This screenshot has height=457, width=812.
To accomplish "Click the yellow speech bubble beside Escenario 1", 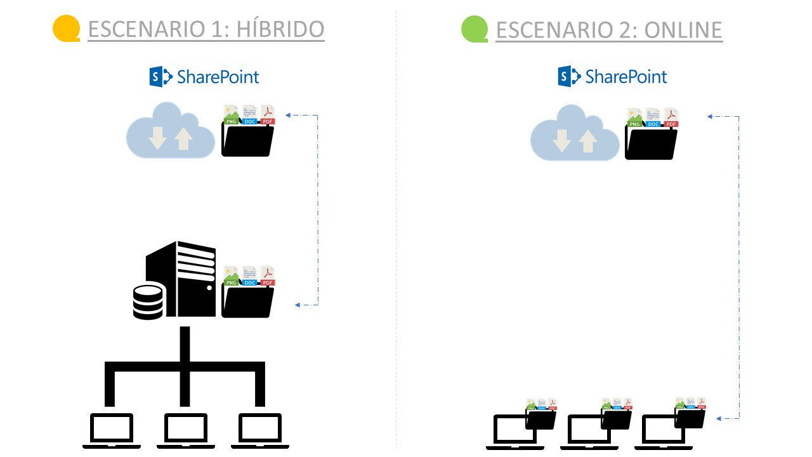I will click(66, 29).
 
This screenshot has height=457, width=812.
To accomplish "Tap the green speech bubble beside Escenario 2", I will click(475, 29).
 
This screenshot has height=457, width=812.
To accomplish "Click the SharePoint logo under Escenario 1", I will click(204, 77).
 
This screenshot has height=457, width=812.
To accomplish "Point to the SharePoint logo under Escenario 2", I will click(612, 77).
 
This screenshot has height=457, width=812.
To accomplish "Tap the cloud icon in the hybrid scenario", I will click(170, 131).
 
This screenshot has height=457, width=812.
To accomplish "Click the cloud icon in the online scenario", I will click(574, 134).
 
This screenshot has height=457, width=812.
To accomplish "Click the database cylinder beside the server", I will click(148, 301).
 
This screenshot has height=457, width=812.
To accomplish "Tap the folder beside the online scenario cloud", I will click(651, 140).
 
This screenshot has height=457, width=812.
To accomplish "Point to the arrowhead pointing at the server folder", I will click(297, 305).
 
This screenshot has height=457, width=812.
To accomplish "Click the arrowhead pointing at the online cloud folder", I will click(710, 116).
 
